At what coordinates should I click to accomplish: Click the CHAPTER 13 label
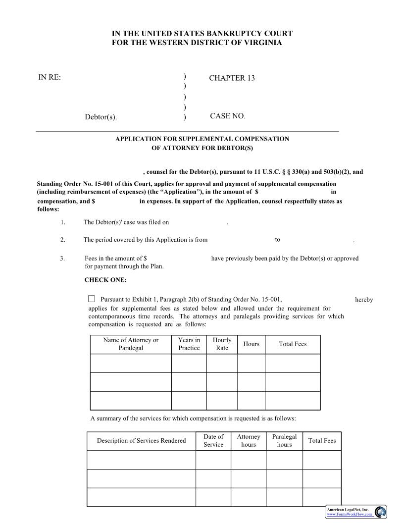tap(232, 78)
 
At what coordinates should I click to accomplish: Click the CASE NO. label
tap(227, 116)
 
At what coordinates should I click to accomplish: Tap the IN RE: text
tap(50, 77)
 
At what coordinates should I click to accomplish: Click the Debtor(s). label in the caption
tap(101, 117)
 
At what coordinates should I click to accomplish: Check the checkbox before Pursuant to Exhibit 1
tap(92, 299)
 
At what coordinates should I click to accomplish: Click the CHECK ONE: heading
tap(105, 280)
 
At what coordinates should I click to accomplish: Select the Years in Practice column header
tap(189, 344)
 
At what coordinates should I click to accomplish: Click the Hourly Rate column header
tap(222, 344)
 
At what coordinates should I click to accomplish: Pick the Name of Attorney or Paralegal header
tap(131, 344)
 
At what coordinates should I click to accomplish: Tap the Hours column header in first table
tap(251, 344)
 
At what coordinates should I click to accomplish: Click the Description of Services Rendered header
tap(141, 441)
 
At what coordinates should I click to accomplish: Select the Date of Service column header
tap(213, 441)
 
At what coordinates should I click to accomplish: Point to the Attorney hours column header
tap(248, 441)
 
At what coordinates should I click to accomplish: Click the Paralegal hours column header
tap(284, 441)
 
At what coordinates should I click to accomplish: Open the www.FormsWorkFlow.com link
tap(350, 515)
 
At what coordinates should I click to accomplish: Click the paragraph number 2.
tap(63, 240)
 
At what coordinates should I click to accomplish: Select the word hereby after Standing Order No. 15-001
tap(364, 300)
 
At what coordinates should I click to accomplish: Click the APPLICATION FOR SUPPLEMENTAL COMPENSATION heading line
tap(202, 139)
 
